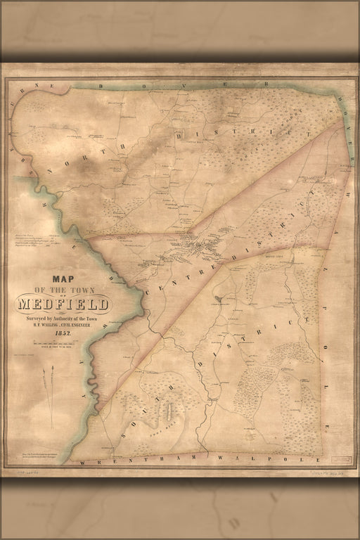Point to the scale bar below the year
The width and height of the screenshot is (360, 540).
point(63,342)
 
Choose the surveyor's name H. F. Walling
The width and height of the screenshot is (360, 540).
point(63,325)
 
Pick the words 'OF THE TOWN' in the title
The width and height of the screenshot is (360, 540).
point(63,290)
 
